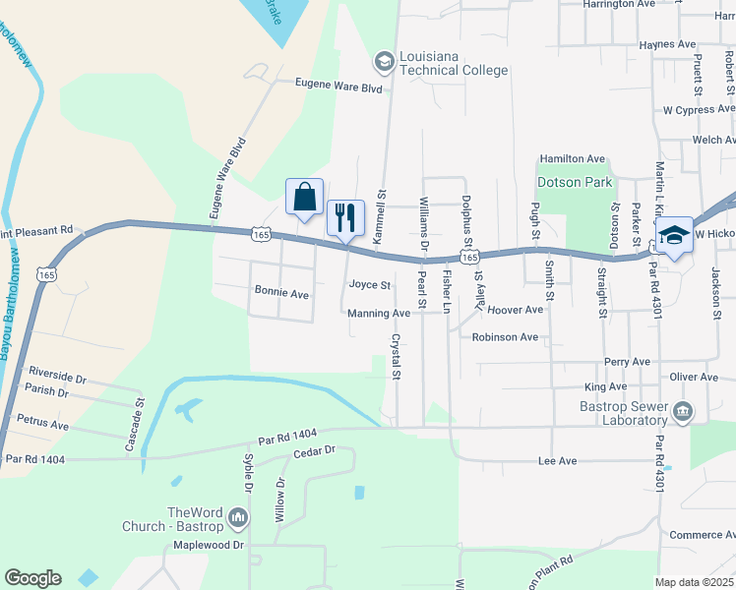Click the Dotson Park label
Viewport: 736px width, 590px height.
click(575, 182)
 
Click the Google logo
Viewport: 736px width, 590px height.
click(32, 578)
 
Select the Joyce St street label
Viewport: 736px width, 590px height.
click(370, 285)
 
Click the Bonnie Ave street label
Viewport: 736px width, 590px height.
click(281, 293)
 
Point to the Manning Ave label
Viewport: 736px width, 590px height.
click(379, 314)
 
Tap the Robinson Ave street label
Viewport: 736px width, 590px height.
click(505, 337)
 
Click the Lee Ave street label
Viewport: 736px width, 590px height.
click(557, 460)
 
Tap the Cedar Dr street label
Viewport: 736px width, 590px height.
click(315, 450)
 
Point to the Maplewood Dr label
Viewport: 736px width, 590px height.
click(208, 544)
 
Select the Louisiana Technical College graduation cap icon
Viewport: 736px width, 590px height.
click(384, 63)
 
